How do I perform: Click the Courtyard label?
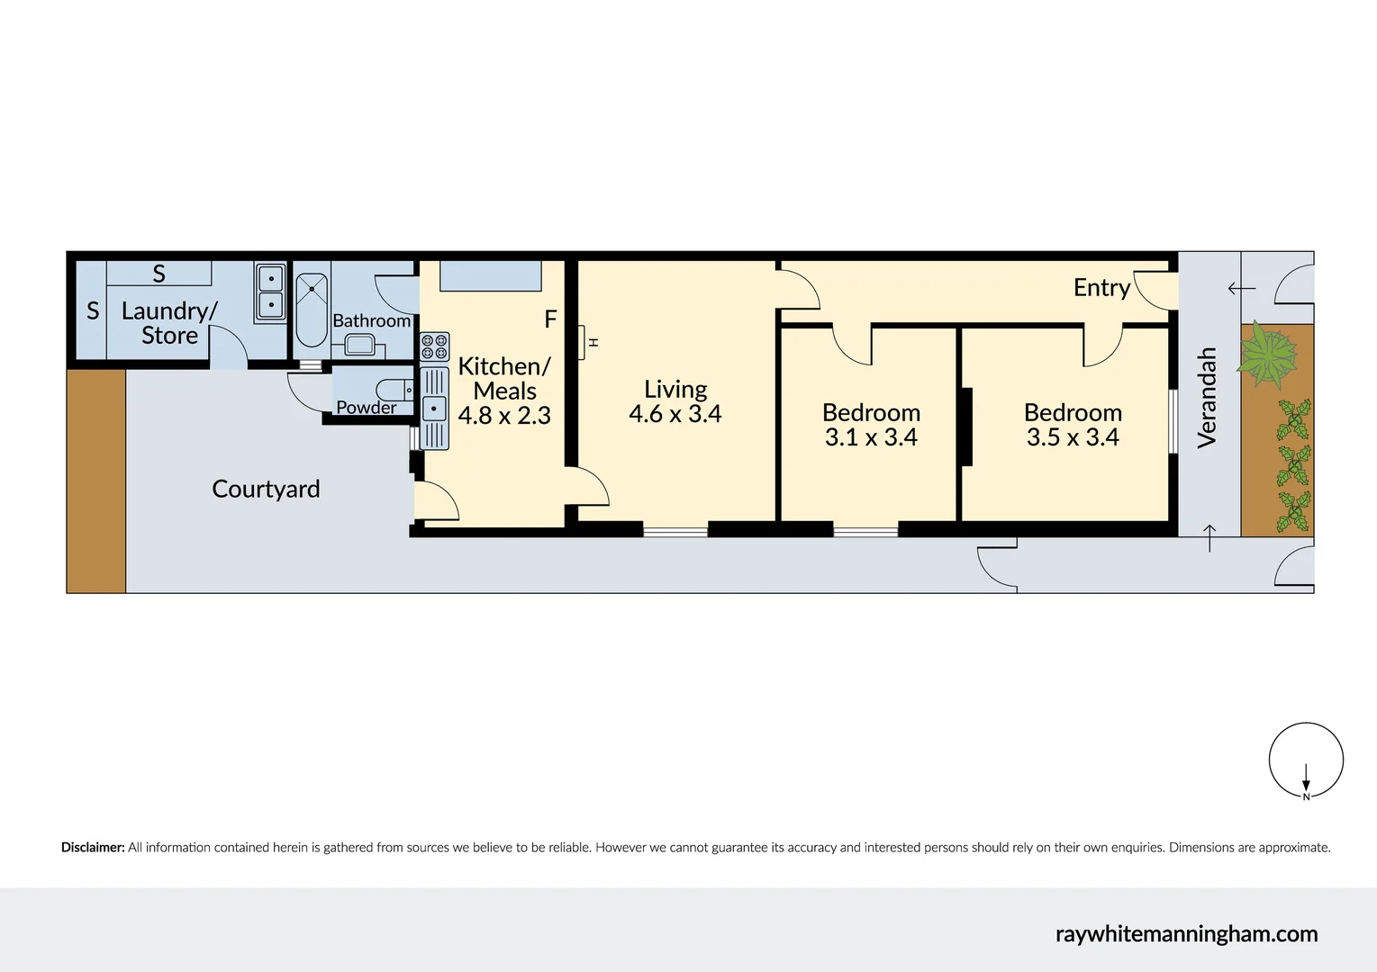coord(266,489)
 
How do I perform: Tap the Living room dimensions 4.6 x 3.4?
coord(675,414)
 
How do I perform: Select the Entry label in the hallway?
coord(1101,287)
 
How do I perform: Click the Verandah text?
coord(1207,398)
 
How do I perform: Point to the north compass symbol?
coord(1306,760)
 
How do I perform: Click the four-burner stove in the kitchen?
coord(434,347)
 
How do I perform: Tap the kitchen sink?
coord(434,408)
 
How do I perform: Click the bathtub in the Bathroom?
coord(312,309)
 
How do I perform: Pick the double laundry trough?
coord(270,292)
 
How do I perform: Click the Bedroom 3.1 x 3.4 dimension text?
coord(871,437)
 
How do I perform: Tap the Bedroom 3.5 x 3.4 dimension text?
coord(1073,437)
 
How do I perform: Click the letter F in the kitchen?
coord(550,319)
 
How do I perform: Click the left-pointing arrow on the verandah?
coord(1241,289)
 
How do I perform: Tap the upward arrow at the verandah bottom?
coord(1209,537)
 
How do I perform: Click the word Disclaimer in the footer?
coord(92,847)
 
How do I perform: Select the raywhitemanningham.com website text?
coord(1186,934)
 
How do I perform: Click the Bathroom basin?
coord(360,344)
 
